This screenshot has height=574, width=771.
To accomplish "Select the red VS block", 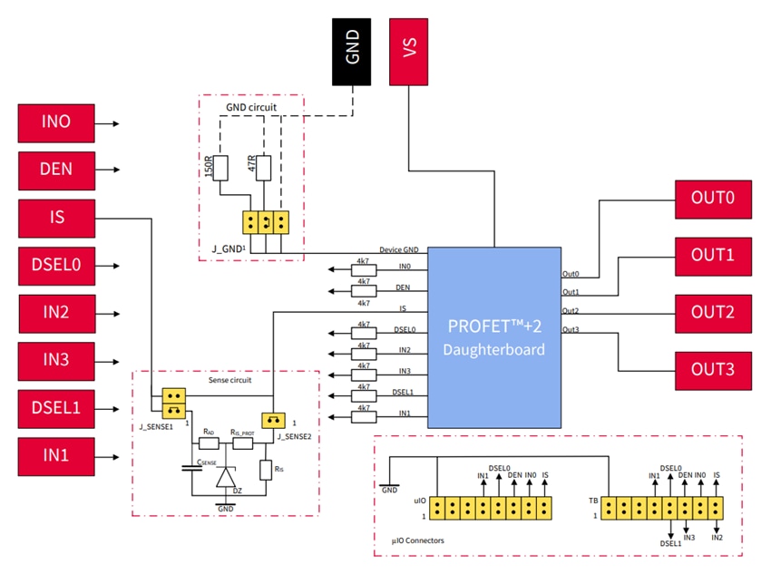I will click(x=410, y=49).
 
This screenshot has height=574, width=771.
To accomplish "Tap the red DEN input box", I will click(x=56, y=170).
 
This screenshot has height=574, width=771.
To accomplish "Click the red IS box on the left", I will click(x=56, y=218).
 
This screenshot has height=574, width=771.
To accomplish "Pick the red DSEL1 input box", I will click(x=56, y=407).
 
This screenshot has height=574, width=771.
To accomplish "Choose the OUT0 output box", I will click(x=712, y=199).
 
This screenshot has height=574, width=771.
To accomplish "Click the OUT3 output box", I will click(x=712, y=369).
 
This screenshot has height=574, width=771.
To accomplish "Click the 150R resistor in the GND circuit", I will click(x=220, y=168).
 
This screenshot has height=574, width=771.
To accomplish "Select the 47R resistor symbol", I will click(x=264, y=168).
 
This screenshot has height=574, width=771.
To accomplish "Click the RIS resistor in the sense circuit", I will click(x=266, y=470).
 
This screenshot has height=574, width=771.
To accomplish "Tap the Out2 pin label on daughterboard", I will click(x=571, y=311).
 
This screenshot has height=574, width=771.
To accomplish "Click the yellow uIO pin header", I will click(x=491, y=508).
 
